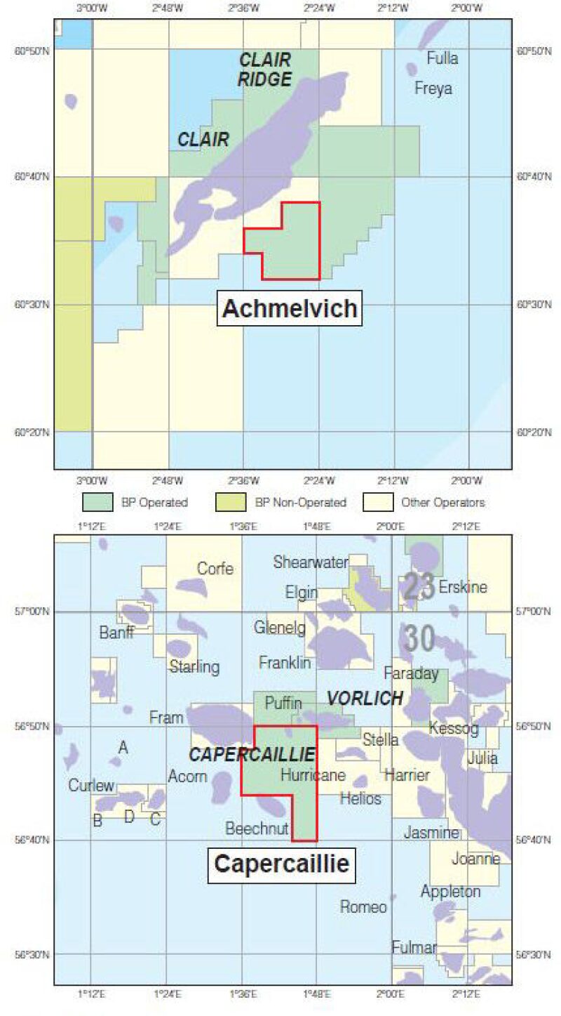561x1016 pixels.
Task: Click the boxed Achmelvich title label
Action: pos(289,308)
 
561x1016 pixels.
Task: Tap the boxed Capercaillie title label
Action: pos(281,863)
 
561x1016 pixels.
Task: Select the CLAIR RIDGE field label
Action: pos(264,70)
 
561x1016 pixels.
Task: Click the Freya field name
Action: pos(433,89)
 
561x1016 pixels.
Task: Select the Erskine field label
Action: pos(462,587)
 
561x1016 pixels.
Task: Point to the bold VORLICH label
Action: pos(365,698)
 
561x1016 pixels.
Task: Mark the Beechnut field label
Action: pos(257,829)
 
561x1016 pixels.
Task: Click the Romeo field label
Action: pos(363,906)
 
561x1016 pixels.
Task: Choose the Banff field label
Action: pos(116,633)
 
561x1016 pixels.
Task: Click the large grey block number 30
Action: pos(419,638)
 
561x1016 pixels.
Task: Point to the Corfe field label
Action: pos(215,569)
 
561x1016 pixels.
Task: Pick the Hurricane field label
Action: pos(313,775)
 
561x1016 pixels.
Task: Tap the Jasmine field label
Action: pos(431,833)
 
